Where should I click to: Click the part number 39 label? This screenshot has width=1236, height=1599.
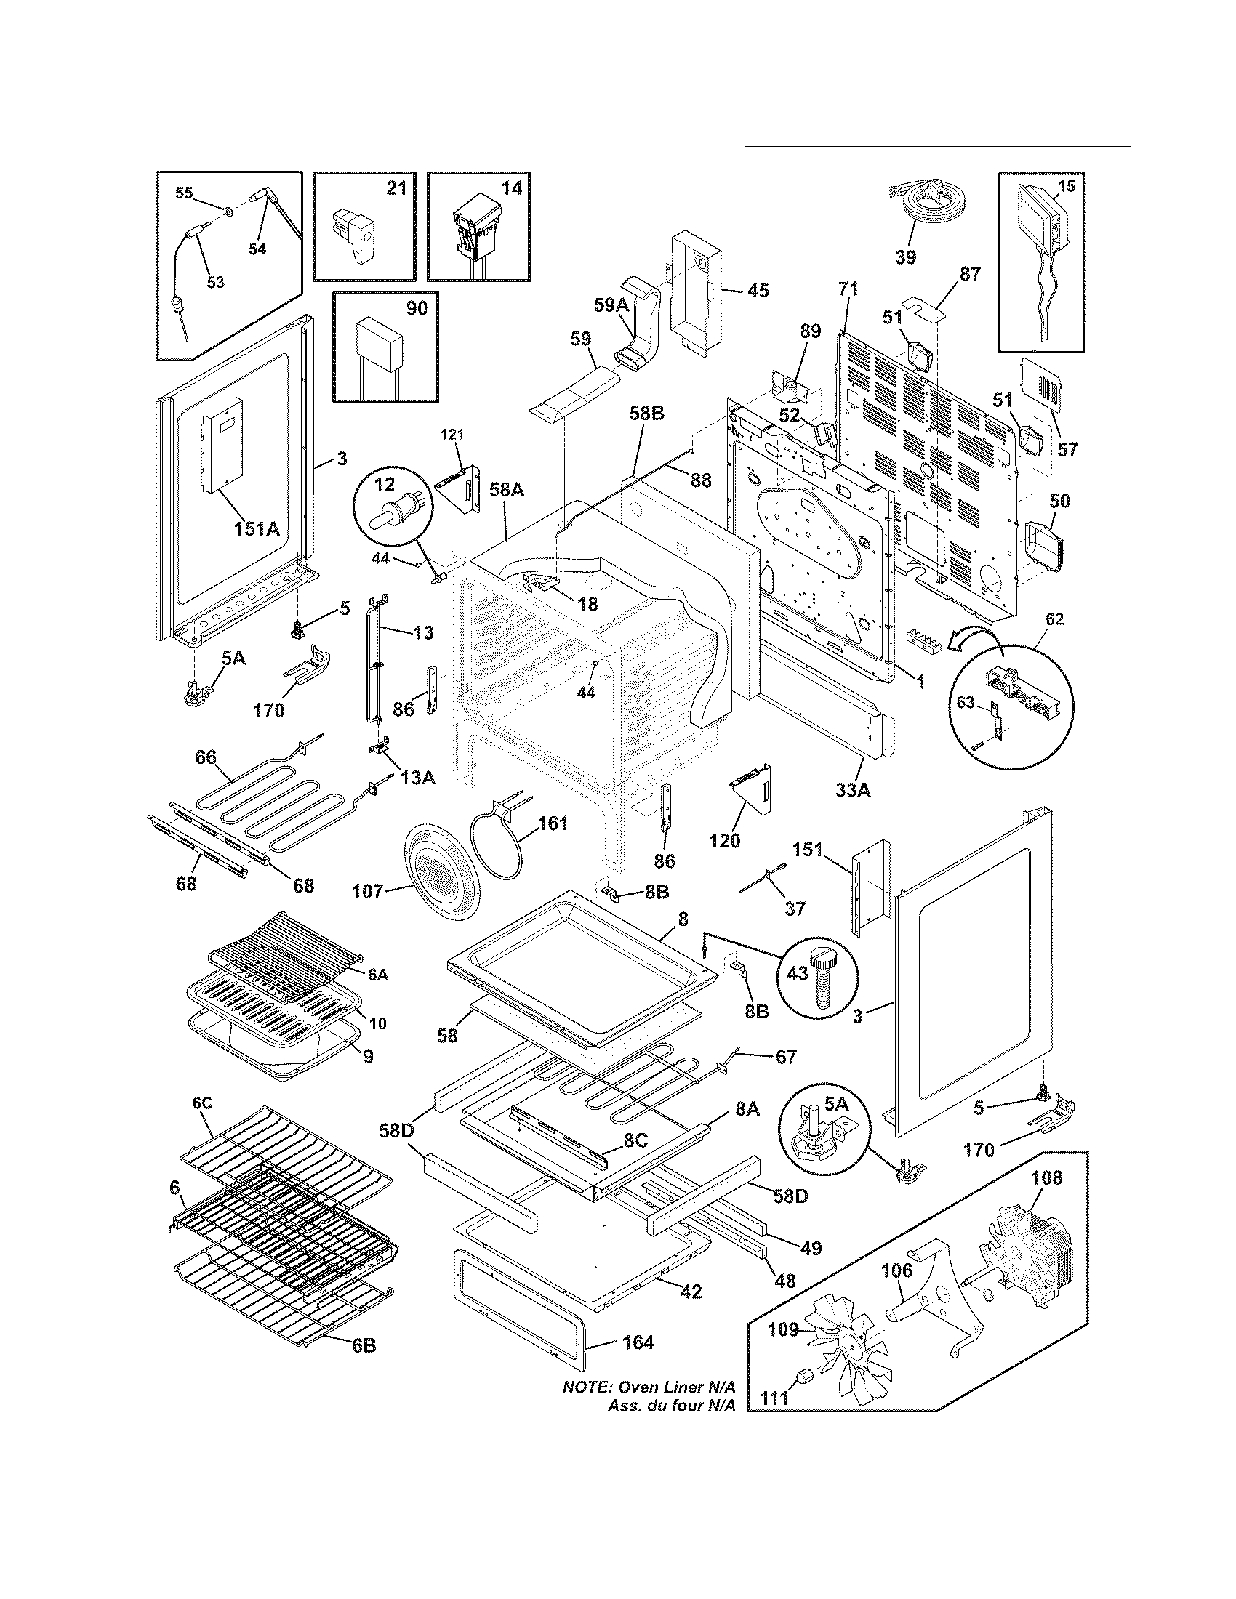pyautogui.click(x=906, y=257)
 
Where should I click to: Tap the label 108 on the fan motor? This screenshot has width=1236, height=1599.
pyautogui.click(x=1046, y=1178)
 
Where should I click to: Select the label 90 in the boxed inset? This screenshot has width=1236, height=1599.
pyautogui.click(x=417, y=308)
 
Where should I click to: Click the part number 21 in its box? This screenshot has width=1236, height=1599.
pyautogui.click(x=396, y=188)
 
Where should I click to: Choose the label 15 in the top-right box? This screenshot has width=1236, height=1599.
pyautogui.click(x=1067, y=187)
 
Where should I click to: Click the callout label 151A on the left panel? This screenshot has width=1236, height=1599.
pyautogui.click(x=257, y=527)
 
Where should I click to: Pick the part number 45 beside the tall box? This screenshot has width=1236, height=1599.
pyautogui.click(x=758, y=291)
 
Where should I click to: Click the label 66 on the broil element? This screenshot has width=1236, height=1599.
pyautogui.click(x=206, y=757)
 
